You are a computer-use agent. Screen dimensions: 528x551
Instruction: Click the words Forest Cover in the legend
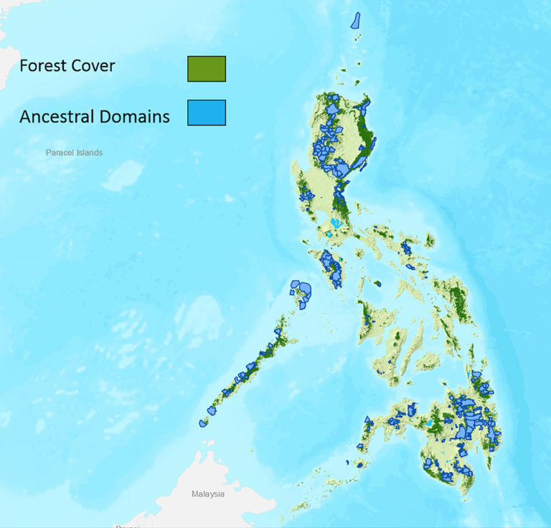click(67, 66)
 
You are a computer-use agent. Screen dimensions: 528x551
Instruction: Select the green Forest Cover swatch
click(207, 68)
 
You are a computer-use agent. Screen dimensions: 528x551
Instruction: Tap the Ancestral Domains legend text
click(95, 116)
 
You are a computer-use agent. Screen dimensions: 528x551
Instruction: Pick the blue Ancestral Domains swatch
click(207, 113)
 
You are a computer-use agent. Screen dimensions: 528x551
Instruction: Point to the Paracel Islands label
click(74, 153)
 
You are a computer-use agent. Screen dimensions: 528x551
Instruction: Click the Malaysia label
click(208, 494)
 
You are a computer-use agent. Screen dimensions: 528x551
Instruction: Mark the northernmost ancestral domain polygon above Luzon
click(355, 19)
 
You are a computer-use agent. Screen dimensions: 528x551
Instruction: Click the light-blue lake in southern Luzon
click(335, 223)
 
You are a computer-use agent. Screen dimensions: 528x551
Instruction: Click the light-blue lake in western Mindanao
click(429, 424)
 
